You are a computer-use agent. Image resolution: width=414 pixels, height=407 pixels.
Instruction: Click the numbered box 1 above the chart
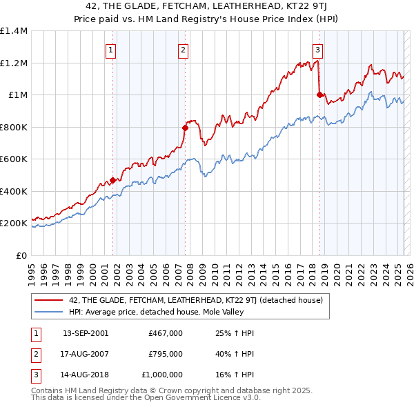pos(110,49)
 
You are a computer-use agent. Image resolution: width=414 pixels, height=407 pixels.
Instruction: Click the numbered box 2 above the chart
pos(183,49)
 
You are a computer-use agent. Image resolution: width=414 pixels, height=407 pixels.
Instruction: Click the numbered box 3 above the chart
pos(317,49)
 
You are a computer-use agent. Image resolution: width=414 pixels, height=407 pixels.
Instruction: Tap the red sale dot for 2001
pos(112,181)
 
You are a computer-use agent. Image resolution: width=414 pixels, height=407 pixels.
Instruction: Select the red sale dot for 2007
pos(185,128)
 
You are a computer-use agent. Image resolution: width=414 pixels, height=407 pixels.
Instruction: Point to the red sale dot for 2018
pos(319,95)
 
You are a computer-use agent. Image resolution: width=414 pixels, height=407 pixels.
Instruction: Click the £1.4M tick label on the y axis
pos(14,31)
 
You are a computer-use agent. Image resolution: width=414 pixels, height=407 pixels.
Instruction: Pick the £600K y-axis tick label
pos(14,159)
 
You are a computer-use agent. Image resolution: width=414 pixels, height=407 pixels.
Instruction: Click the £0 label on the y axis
pos(21,255)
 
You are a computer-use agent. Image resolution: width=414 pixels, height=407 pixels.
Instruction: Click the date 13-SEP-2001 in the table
pos(86,333)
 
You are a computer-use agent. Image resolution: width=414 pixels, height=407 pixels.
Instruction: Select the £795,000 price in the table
pos(166,354)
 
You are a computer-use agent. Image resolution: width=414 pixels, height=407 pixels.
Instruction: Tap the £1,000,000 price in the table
pos(164,375)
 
